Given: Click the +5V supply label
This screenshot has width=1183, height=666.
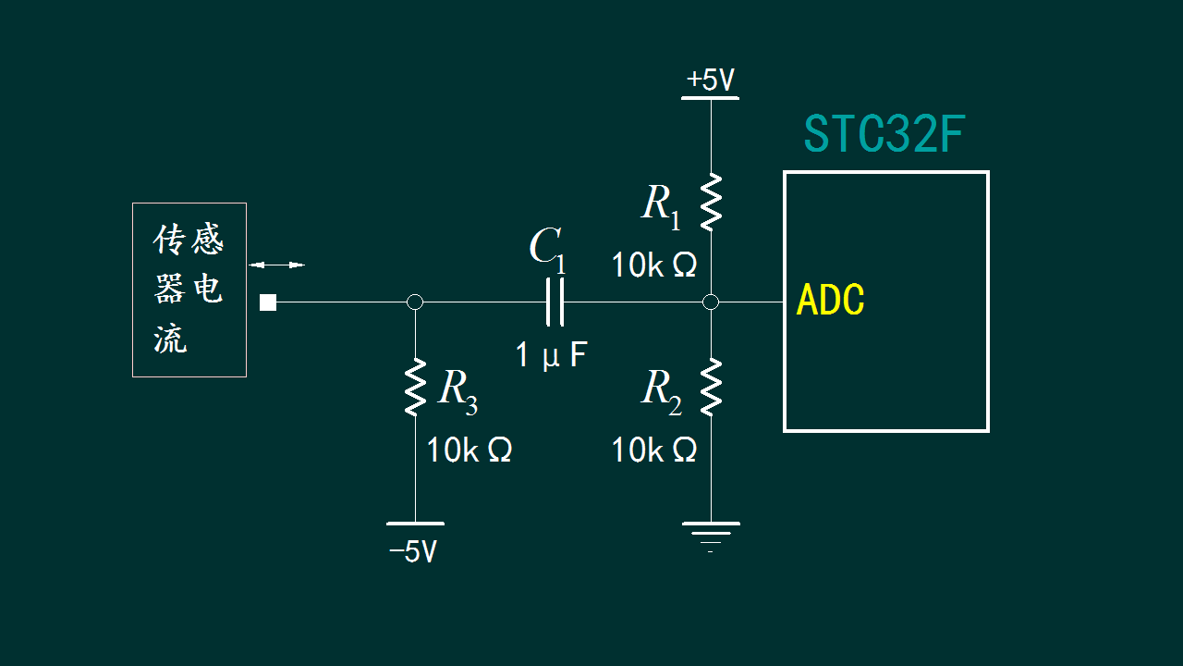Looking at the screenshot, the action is point(711,80).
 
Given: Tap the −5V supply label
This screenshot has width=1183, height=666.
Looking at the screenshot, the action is point(413,552).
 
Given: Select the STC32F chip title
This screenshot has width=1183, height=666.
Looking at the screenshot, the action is point(884,134).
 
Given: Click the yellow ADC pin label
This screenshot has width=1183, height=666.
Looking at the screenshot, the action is point(830,300).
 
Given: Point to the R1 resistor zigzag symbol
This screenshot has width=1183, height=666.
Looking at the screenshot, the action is point(711,202).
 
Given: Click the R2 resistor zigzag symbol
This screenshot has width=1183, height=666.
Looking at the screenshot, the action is point(711,387).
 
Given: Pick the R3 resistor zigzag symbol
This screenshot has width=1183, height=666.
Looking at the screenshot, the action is point(415,387).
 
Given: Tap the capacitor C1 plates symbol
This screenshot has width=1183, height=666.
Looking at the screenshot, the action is point(555,302).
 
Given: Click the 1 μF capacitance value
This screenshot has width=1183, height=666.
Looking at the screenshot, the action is point(551,354).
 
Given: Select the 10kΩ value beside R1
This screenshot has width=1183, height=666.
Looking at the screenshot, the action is point(654,265).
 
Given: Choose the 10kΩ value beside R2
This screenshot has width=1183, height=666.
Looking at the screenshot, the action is point(654,450).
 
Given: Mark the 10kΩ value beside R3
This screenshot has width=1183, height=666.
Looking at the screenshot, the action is point(469,450).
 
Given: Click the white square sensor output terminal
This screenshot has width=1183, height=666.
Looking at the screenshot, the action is point(268,302).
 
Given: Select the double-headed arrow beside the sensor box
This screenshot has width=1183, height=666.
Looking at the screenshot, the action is point(276,265).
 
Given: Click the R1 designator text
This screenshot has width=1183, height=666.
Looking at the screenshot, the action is point(661,207).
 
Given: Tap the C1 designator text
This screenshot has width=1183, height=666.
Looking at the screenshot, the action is point(547,251).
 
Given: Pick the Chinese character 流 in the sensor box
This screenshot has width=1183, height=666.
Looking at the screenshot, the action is point(170,339).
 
